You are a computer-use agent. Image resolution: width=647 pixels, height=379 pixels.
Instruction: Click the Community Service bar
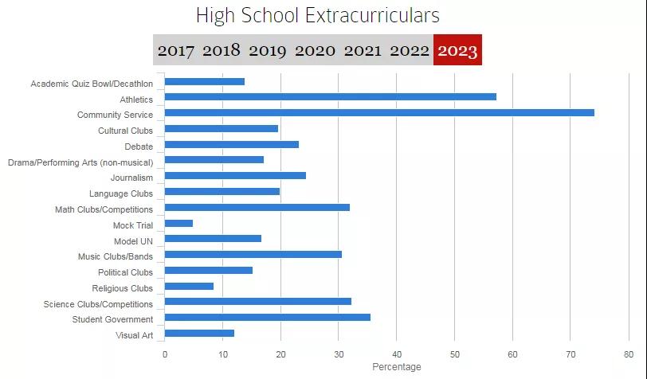pyautogui.click(x=378, y=113)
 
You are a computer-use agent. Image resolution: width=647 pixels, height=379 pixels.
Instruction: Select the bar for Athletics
pyautogui.click(x=330, y=97)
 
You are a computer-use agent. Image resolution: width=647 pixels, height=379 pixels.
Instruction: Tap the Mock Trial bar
pyautogui.click(x=178, y=224)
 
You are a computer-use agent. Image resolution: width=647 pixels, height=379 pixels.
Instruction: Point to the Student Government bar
pyautogui.click(x=267, y=318)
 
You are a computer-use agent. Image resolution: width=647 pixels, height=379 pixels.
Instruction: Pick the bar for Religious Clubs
pyautogui.click(x=189, y=287)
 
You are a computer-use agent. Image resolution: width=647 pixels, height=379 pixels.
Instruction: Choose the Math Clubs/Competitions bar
pyautogui.click(x=257, y=208)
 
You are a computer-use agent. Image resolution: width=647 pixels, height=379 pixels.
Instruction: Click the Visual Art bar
pyautogui.click(x=199, y=334)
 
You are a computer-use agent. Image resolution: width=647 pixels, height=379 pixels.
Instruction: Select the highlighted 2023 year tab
pyautogui.click(x=457, y=51)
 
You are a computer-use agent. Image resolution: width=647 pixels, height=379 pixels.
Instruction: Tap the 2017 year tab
pyautogui.click(x=175, y=51)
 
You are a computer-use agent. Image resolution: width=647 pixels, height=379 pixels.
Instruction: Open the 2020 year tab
pyautogui.click(x=315, y=51)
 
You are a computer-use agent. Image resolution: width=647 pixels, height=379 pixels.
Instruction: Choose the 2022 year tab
pyautogui.click(x=410, y=51)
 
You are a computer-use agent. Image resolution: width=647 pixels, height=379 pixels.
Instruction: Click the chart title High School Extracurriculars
pyautogui.click(x=317, y=16)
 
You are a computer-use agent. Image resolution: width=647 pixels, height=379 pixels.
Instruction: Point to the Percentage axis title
pyautogui.click(x=396, y=367)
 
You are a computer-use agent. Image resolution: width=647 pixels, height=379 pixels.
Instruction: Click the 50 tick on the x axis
pyautogui.click(x=454, y=354)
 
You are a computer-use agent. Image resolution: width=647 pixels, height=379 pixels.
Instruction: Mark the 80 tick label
pyautogui.click(x=628, y=354)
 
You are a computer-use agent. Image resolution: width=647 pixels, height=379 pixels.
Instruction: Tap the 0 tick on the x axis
pyautogui.click(x=165, y=354)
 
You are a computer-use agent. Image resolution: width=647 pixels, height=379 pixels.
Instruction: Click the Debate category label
pyautogui.click(x=139, y=147)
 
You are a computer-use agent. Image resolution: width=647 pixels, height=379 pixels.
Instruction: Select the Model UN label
pyautogui.click(x=133, y=240)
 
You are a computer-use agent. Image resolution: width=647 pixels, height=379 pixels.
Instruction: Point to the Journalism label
pyautogui.click(x=131, y=178)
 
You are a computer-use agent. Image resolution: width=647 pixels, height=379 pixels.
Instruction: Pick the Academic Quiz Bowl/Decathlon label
pyautogui.click(x=92, y=84)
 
